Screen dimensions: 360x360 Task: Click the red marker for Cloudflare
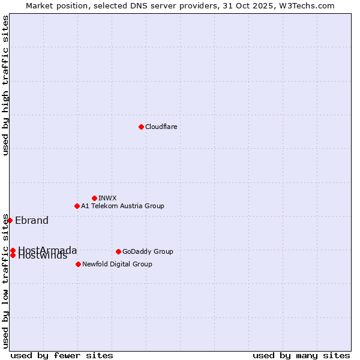(141, 127)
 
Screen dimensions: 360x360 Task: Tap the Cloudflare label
(161, 127)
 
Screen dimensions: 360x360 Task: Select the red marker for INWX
(94, 198)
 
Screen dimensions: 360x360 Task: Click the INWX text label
(107, 198)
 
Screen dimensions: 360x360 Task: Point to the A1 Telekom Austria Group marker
(77, 206)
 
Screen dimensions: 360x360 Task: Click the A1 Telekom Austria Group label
(122, 206)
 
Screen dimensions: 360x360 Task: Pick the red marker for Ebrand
(10, 220)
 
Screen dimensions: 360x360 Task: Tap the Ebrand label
(32, 220)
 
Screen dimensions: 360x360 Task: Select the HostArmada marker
(13, 250)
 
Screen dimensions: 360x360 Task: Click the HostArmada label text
(48, 250)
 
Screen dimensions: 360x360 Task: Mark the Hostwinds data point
(13, 255)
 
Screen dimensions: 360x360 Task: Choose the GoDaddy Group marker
(118, 251)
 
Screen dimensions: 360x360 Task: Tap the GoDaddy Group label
(148, 251)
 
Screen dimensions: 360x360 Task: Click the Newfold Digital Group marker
(78, 264)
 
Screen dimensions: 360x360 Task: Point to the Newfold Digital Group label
(117, 264)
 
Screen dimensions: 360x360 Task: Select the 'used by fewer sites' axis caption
(62, 355)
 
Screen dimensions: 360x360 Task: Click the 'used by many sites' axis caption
(301, 355)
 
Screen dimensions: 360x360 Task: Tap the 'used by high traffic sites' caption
(5, 85)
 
